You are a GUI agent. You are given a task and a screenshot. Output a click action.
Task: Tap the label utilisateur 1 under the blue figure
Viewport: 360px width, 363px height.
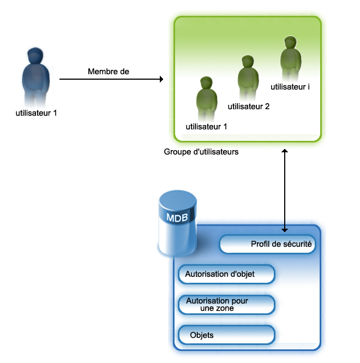coord(37,114)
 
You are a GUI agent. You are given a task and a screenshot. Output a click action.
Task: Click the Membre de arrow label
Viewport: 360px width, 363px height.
coord(109,72)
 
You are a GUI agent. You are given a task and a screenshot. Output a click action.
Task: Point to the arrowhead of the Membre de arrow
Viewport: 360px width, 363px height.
coord(161,80)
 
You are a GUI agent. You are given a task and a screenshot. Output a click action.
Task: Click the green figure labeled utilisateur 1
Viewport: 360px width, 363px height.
coord(206,98)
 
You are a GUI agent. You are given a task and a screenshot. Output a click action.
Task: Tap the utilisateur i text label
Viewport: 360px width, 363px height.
coord(291,87)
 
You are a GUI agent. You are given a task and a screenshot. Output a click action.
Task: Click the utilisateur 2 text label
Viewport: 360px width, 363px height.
coord(249,106)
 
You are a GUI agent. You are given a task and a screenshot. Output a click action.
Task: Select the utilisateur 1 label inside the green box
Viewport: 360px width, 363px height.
coord(207,127)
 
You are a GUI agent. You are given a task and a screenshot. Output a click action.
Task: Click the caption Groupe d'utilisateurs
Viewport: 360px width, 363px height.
coord(201,152)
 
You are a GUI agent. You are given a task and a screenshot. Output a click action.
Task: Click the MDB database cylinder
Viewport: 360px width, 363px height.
coord(178,224)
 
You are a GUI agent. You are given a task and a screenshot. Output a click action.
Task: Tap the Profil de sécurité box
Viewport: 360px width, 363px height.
coord(267,245)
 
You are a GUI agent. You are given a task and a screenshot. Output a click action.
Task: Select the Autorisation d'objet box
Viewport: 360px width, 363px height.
coord(226,273)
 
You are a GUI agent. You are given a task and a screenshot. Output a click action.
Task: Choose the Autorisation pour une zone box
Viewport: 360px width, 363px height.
coord(226,305)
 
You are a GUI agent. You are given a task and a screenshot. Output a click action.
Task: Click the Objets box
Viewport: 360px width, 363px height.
coord(226,335)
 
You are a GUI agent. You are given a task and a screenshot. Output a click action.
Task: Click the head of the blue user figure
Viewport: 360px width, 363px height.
coord(35,57)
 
